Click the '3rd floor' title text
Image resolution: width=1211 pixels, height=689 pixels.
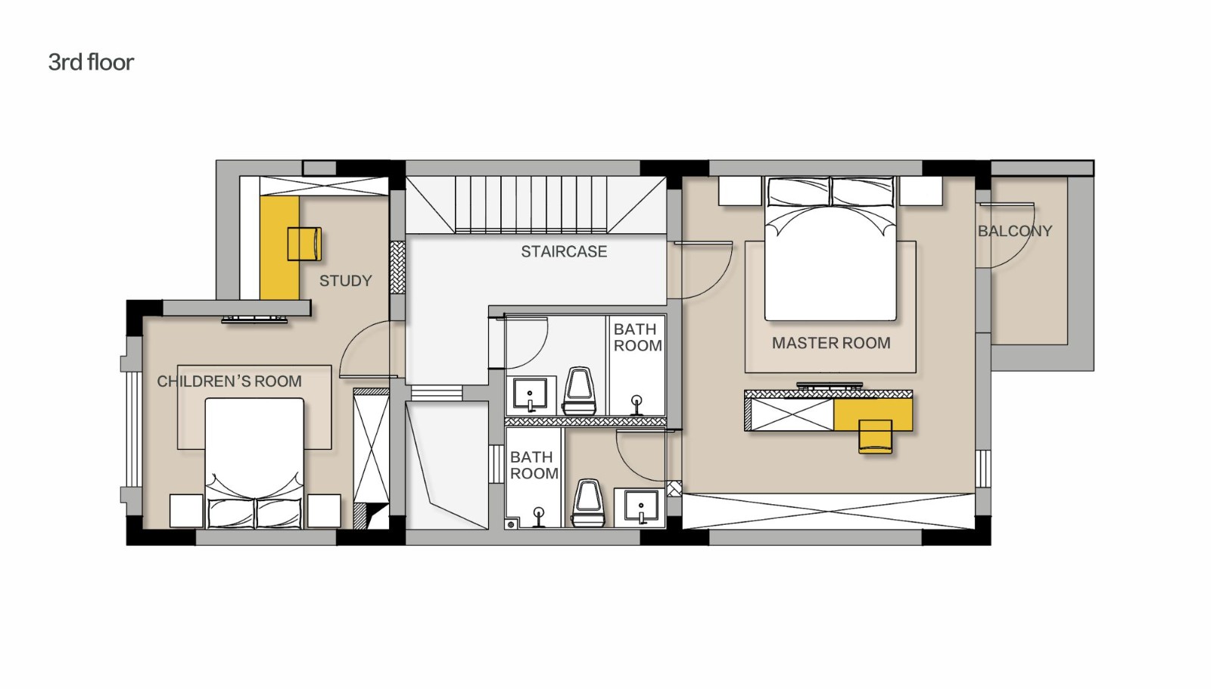tap(91, 63)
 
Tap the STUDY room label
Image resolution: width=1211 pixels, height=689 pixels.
tap(345, 281)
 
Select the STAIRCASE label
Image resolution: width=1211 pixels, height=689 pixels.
tap(564, 251)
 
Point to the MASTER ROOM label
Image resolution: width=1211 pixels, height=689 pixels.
tap(831, 343)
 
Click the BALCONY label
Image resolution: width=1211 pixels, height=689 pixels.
tap(1015, 231)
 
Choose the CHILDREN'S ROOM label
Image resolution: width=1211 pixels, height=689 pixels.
tap(229, 382)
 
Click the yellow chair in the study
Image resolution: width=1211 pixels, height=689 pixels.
tap(304, 244)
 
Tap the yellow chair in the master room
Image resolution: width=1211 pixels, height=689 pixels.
tap(875, 436)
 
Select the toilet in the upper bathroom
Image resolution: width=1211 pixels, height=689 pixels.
tap(580, 391)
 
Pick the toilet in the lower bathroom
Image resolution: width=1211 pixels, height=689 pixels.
tap(587, 503)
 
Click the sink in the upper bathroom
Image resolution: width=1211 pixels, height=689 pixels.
tap(530, 394)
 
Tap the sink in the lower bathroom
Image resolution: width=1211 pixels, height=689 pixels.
tap(641, 507)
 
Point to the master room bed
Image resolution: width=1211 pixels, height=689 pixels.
tap(830, 248)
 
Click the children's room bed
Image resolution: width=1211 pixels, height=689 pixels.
tap(254, 463)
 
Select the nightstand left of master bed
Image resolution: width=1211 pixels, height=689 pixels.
tap(740, 191)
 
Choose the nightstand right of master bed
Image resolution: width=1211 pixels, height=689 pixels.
tap(920, 191)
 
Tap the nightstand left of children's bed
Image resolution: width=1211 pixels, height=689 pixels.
tap(186, 510)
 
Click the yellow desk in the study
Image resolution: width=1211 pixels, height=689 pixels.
tap(279, 248)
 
